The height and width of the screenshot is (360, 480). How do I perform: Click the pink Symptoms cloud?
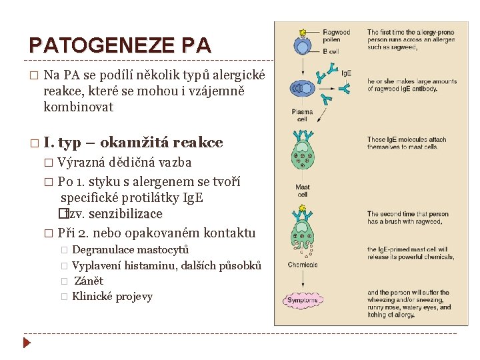coord(303,301)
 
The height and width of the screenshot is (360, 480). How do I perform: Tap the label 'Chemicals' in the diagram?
coord(302,265)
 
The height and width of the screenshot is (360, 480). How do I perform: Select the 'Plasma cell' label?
coord(302,115)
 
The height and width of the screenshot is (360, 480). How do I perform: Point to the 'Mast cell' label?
coord(303,191)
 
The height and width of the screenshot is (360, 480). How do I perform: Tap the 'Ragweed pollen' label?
coord(337,36)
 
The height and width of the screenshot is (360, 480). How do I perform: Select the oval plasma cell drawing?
coord(303,88)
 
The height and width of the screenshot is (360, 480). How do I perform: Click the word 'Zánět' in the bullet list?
coord(89,281)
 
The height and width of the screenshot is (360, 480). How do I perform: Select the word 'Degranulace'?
coord(99,249)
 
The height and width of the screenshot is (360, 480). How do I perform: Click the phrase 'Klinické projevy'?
coord(112,297)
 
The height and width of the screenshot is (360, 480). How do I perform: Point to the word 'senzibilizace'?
coord(125,214)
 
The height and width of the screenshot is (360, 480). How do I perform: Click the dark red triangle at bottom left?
coord(27,343)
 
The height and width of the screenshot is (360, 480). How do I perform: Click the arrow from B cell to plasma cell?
coord(303,67)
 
